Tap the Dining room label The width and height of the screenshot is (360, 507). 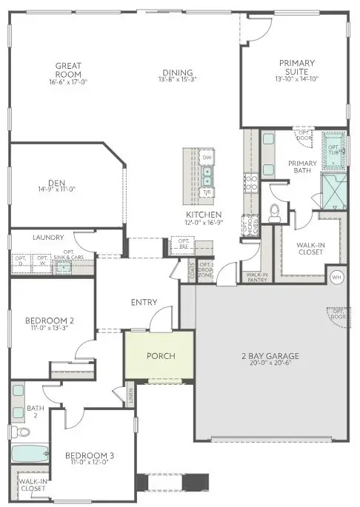click(179, 72)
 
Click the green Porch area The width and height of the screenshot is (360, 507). click(161, 356)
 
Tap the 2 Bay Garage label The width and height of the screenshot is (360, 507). click(270, 357)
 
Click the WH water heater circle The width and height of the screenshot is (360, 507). click(337, 278)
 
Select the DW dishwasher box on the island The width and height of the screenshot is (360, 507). click(207, 158)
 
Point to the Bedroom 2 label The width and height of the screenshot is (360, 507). click(49, 320)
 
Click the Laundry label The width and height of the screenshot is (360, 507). click(46, 238)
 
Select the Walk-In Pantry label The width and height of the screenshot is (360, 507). click(256, 276)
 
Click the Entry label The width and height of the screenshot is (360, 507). click(144, 302)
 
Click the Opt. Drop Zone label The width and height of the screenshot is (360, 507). click(205, 269)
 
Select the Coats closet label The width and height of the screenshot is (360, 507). click(192, 272)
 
